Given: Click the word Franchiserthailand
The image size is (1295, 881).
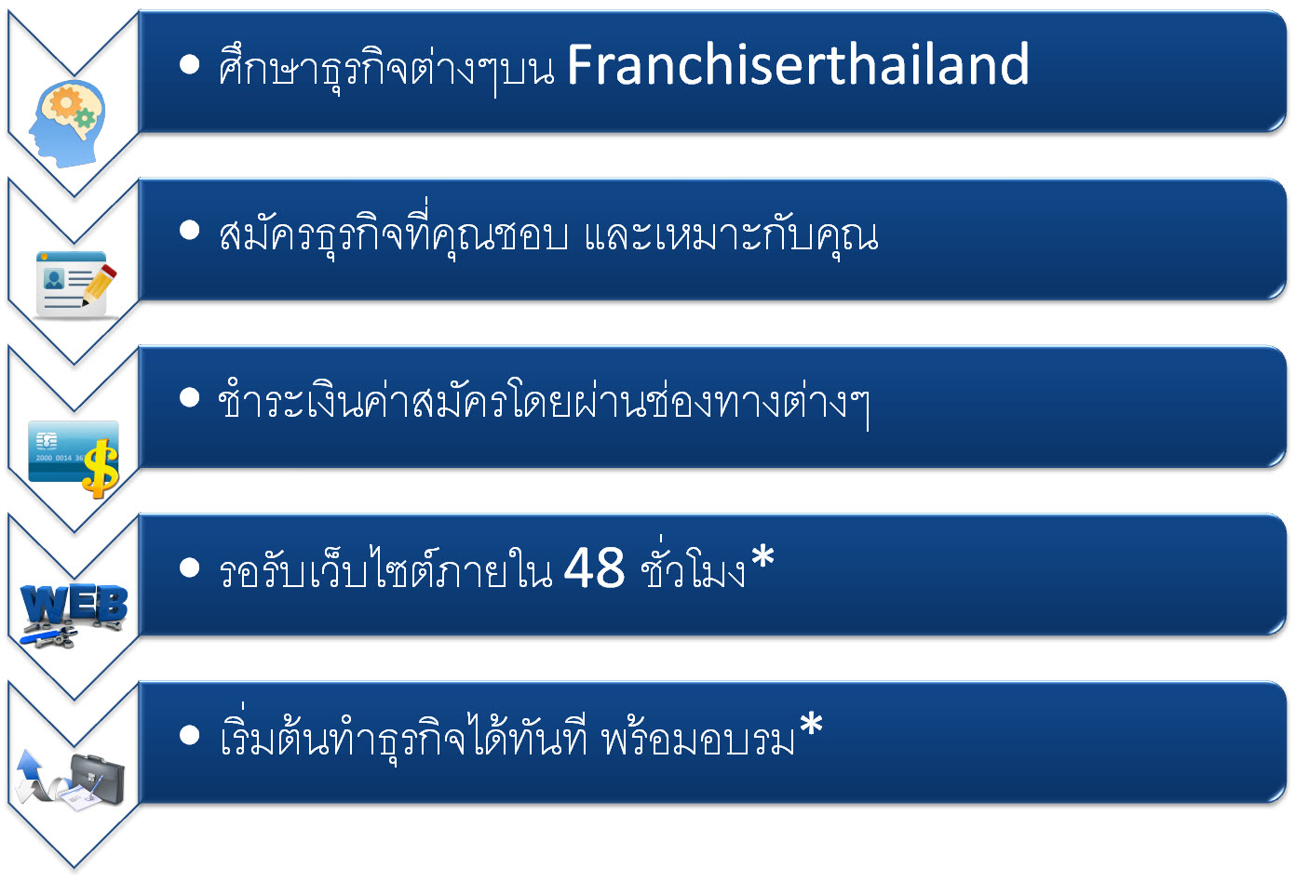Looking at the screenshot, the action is tap(798, 64).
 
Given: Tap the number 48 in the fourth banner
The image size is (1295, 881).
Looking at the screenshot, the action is tap(594, 567).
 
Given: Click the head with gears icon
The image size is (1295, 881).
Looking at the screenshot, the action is tap(68, 124).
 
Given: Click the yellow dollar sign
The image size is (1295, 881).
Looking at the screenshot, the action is tap(101, 469).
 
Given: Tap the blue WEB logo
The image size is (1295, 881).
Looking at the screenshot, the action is tap(74, 605).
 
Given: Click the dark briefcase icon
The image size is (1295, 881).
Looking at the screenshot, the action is tap(97, 778).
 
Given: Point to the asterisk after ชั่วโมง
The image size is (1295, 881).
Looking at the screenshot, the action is tap(762, 557).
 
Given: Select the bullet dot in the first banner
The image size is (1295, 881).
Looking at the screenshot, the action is tap(190, 65).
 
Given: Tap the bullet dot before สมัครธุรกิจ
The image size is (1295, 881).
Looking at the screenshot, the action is tap(190, 230).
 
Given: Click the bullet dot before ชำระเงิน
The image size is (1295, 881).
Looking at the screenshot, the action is tap(190, 397).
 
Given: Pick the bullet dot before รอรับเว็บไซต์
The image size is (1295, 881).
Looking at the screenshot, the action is tap(190, 567).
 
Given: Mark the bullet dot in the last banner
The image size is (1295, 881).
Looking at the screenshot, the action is tap(190, 735).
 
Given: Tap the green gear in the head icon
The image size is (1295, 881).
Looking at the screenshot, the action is tap(85, 118).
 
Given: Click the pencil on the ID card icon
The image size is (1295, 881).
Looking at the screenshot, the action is tap(99, 285).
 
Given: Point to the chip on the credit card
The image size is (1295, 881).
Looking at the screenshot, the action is tap(46, 442).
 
